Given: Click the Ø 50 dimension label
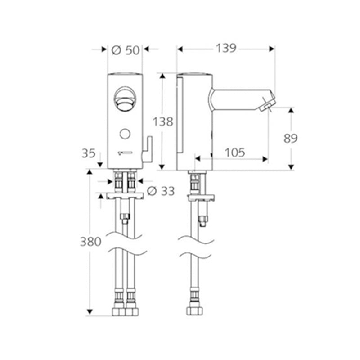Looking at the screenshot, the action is [126, 50].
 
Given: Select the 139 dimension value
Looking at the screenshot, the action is [226, 48].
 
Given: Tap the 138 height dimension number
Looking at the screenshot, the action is [163, 121].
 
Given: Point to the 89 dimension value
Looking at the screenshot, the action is [291, 139].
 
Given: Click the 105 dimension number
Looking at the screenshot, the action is [235, 153].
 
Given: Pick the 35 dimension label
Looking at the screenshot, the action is [88, 153].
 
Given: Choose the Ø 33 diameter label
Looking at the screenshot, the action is [161, 191].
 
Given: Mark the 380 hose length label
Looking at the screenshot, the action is [91, 242].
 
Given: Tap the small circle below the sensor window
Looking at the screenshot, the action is [125, 134].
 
